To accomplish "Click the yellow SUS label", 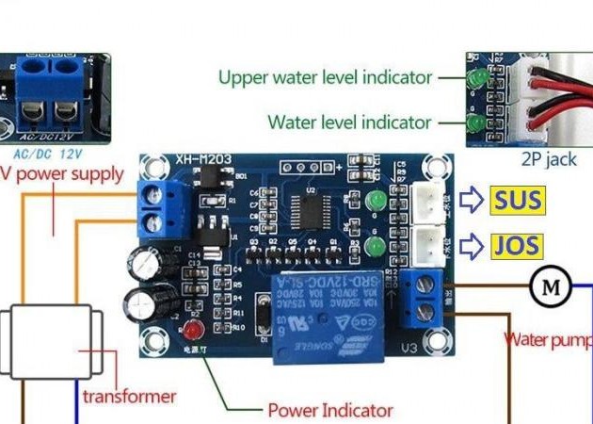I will click(x=516, y=200).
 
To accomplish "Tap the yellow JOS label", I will click(x=516, y=248).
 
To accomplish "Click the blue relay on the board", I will click(x=331, y=314).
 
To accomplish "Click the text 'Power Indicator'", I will click(x=329, y=411).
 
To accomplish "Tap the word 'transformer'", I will click(x=129, y=396).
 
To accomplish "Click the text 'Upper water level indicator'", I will click(x=325, y=77).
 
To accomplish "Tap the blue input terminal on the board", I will click(x=155, y=210).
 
